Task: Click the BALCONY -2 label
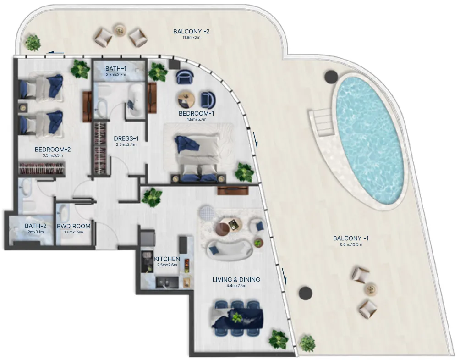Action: tap(191, 32)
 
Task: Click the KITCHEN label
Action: tap(167, 259)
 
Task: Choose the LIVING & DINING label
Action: tap(236, 279)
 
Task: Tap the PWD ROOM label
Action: tap(73, 226)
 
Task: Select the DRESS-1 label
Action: tap(126, 138)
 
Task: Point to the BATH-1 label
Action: tap(115, 68)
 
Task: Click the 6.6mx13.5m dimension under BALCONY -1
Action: tap(351, 244)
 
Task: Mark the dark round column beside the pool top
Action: tap(330, 77)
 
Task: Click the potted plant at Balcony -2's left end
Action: tap(33, 43)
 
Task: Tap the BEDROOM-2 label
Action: tap(52, 149)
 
